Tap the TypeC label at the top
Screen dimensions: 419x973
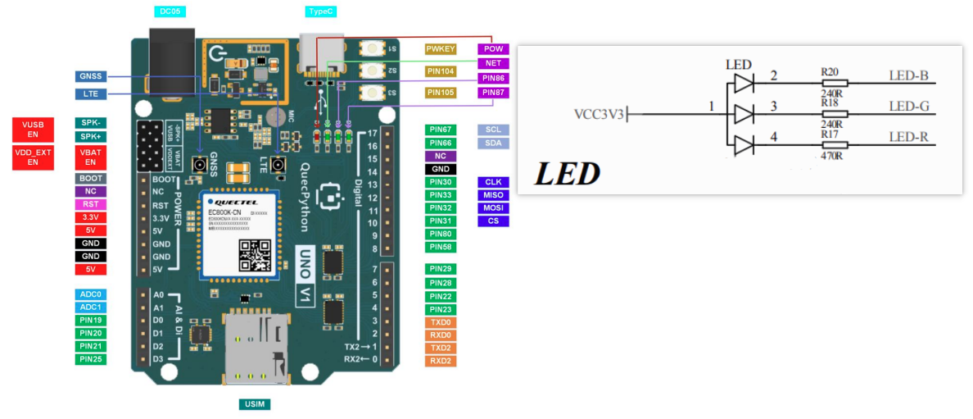[319, 11]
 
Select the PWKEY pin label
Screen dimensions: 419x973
[441, 49]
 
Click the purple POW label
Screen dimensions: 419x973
[493, 49]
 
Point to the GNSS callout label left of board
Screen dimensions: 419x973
[90, 76]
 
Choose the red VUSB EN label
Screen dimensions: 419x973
[33, 129]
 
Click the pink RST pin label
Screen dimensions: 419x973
[90, 204]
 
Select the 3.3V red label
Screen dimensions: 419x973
[90, 217]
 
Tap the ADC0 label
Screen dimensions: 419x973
[90, 294]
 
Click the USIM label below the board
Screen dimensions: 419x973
[254, 404]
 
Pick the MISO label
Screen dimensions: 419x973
[493, 195]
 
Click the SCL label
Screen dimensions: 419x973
[493, 130]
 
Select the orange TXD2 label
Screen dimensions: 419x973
[441, 348]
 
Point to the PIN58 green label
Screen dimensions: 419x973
[441, 247]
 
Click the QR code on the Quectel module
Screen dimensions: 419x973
[255, 255]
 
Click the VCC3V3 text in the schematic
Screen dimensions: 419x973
[600, 113]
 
